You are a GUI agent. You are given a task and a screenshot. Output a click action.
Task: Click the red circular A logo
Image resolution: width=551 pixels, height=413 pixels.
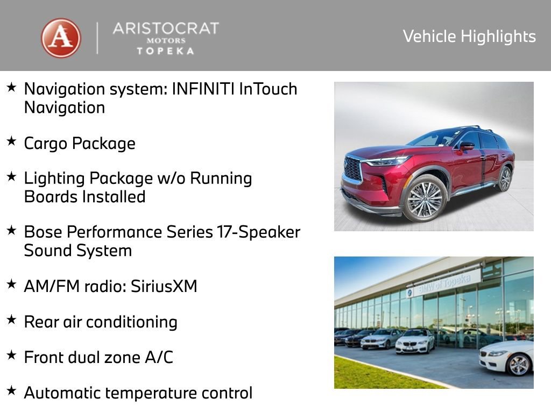61,38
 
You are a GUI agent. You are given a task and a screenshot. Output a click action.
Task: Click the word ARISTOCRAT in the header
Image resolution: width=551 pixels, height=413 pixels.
165,29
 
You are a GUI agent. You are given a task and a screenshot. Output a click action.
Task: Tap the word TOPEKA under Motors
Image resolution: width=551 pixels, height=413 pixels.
165,51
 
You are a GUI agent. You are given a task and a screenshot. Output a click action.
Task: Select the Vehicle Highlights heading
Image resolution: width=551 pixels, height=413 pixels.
469,37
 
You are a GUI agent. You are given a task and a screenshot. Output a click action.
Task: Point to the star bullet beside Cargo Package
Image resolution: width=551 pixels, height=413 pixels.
11,141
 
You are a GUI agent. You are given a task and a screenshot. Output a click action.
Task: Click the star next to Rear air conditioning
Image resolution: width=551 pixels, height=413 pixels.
11,320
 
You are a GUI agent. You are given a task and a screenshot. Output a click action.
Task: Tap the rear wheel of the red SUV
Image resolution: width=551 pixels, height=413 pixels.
505,179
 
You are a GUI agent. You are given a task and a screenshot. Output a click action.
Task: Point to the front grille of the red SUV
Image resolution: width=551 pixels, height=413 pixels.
353,169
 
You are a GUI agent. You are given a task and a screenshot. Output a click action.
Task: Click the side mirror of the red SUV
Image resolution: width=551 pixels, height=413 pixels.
467,145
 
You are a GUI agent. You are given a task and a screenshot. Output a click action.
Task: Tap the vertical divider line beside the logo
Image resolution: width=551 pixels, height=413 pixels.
97,38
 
